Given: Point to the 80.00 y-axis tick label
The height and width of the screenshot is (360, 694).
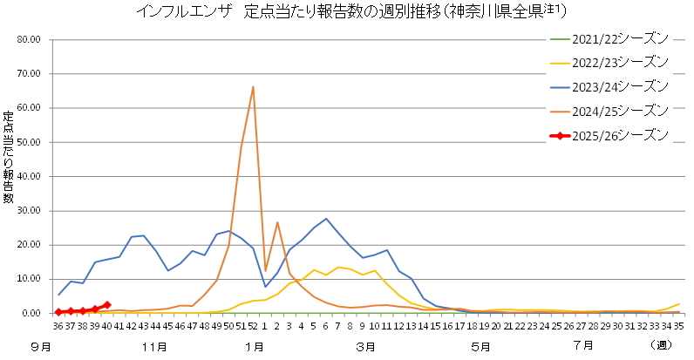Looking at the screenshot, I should tap(29, 39).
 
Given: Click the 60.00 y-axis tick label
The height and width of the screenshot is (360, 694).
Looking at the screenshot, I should tap(29, 108).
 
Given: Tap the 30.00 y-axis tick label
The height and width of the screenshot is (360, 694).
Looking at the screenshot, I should tap(29, 210).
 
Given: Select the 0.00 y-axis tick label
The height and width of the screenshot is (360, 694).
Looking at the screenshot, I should tap(31, 313).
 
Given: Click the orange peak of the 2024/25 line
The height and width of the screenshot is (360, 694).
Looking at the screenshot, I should tap(253, 86).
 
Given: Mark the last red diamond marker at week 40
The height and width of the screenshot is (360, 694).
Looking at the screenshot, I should tap(106, 304).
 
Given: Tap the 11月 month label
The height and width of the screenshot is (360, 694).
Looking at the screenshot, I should tap(153, 346).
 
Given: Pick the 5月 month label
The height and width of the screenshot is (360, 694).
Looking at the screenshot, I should tap(479, 346).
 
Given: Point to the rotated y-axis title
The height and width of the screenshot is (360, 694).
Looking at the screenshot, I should tap(9, 158).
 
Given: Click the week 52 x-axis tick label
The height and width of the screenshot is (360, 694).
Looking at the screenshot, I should tap(253, 326).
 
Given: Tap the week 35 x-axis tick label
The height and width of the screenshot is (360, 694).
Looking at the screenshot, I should tap(678, 326).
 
